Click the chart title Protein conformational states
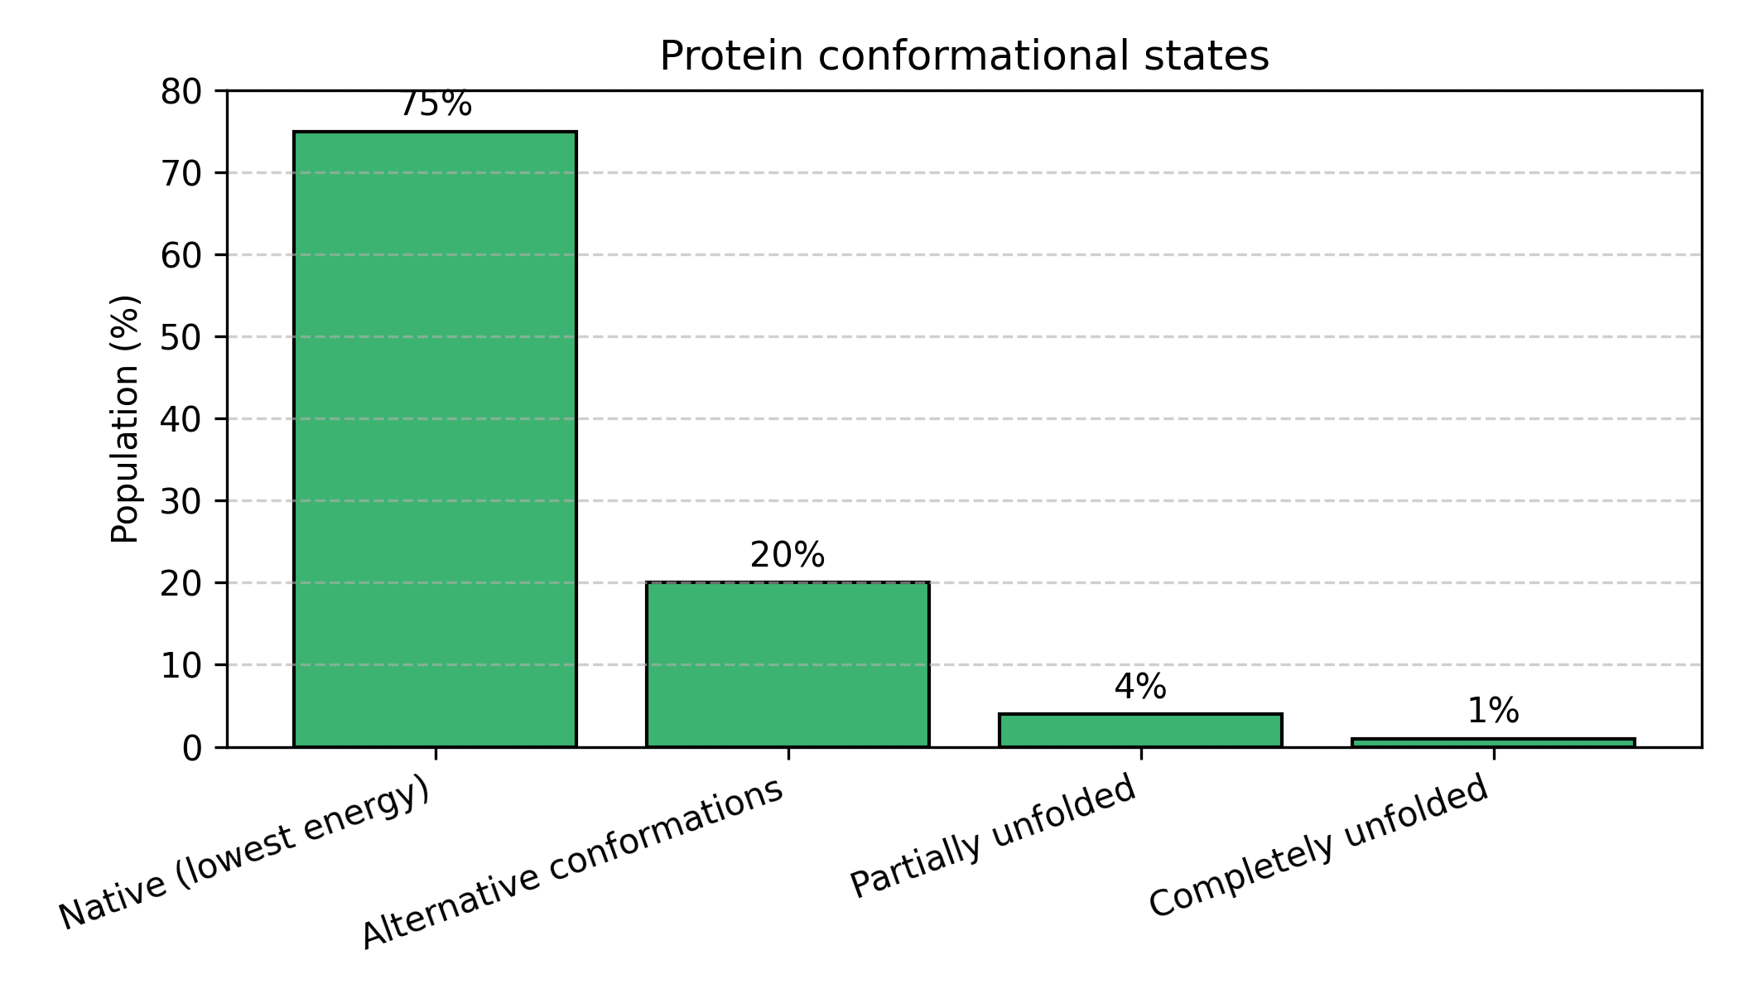click(x=964, y=57)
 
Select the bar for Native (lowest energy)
click(x=435, y=439)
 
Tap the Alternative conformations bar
click(x=788, y=664)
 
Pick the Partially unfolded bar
click(x=1140, y=730)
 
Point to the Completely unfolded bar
click(x=1493, y=742)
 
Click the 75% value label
click(x=436, y=105)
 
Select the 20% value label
click(x=788, y=556)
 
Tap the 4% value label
click(x=1140, y=688)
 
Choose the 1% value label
click(x=1493, y=712)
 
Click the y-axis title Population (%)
click(x=125, y=418)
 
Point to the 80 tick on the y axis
click(x=181, y=92)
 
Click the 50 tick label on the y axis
click(x=181, y=337)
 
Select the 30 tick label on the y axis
click(x=181, y=501)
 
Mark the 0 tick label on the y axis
click(x=191, y=748)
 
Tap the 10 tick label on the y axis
click(x=181, y=665)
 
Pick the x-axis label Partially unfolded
click(x=993, y=837)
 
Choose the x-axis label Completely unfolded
click(x=1319, y=846)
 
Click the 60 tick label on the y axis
click(x=181, y=255)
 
